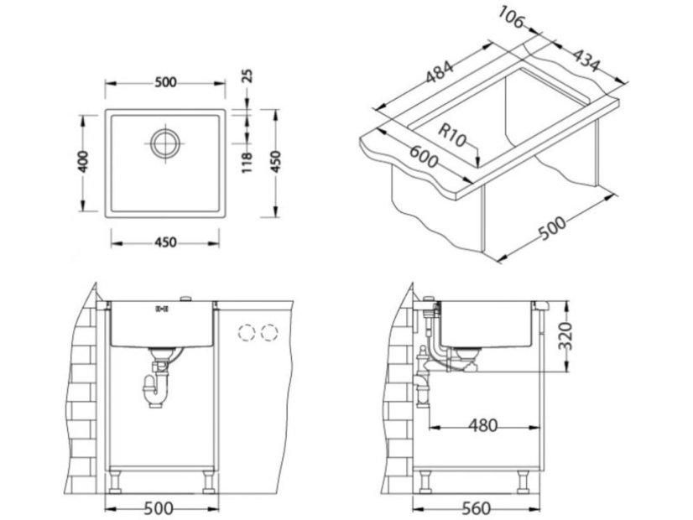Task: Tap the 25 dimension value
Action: pyautogui.click(x=247, y=76)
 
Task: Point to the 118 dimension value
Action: pyautogui.click(x=247, y=159)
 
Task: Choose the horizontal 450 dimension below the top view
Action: pyautogui.click(x=165, y=243)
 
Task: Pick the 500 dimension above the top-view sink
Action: pyautogui.click(x=165, y=82)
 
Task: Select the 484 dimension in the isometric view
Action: pyautogui.click(x=440, y=74)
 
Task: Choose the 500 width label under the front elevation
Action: pyautogui.click(x=159, y=509)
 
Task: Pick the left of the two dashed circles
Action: pyautogui.click(x=247, y=333)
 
